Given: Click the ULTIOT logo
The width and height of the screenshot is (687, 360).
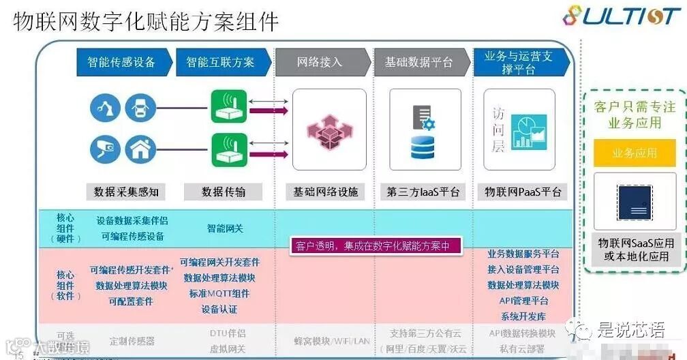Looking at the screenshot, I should pos(621,16).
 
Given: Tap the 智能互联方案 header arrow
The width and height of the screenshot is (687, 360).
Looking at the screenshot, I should pos(221,62).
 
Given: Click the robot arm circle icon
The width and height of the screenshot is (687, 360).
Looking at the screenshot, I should pos(106,108).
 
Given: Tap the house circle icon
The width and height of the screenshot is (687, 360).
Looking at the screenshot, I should pos(140,149).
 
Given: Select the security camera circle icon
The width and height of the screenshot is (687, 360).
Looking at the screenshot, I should pos(106,149).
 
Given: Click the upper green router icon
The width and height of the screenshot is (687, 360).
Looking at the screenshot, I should pos(228,106).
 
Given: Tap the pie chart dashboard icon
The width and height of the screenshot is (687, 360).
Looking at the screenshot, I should pos(528,129).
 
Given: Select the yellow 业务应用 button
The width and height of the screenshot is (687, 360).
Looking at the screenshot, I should pos(635,153).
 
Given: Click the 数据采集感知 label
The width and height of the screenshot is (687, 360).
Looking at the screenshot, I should pos(125,192).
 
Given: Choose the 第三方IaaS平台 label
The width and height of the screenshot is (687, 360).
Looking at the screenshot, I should pos(423,192).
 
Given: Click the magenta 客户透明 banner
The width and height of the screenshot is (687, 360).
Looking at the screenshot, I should pos(370,246).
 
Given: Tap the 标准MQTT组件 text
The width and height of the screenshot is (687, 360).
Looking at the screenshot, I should pos(219,293).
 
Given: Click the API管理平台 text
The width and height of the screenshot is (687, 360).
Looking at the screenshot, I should pos(523,300).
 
